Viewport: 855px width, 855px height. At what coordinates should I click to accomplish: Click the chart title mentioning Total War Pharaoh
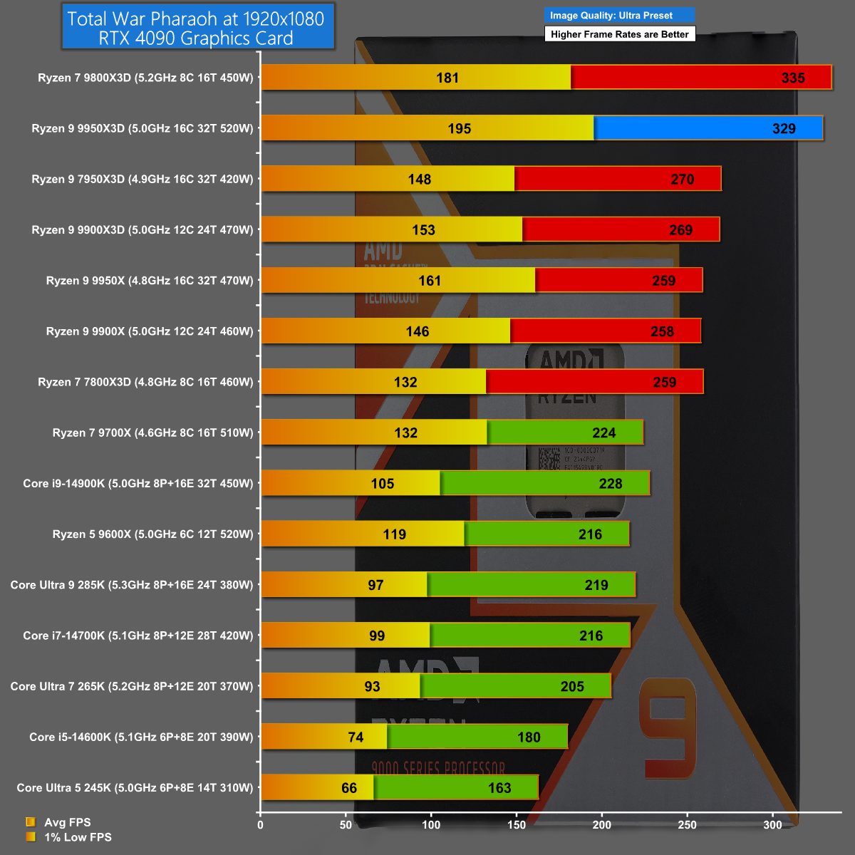[197, 28]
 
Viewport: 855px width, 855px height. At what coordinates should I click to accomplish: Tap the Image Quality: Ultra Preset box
[618, 15]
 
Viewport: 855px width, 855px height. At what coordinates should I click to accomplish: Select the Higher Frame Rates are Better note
[619, 34]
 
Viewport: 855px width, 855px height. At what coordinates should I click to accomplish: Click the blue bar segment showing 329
[708, 128]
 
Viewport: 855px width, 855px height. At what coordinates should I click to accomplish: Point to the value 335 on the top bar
[792, 78]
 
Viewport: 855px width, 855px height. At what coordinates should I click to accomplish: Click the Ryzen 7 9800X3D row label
[145, 78]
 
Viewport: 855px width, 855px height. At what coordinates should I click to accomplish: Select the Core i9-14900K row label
[138, 483]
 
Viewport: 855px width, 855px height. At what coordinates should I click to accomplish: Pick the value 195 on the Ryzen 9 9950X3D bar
[459, 129]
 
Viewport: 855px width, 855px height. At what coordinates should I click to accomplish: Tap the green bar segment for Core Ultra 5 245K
[456, 787]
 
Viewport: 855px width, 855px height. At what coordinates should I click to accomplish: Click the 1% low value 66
[349, 788]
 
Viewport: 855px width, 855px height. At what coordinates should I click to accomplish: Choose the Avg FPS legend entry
[67, 822]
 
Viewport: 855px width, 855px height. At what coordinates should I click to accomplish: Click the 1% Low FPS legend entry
[77, 837]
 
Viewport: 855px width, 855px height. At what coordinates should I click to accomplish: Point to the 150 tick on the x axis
[517, 825]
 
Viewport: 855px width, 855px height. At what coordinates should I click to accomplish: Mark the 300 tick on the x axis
[772, 825]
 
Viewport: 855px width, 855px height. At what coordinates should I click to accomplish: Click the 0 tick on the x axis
[260, 825]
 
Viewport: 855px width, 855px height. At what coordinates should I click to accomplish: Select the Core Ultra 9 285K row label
[131, 585]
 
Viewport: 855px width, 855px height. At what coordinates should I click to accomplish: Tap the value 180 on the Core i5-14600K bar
[529, 737]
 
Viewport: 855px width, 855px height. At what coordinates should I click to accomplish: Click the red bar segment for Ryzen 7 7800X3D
[594, 382]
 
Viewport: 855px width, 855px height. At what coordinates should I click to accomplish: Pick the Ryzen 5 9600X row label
[152, 534]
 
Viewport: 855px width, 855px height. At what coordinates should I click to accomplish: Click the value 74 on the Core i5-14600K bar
[356, 737]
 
